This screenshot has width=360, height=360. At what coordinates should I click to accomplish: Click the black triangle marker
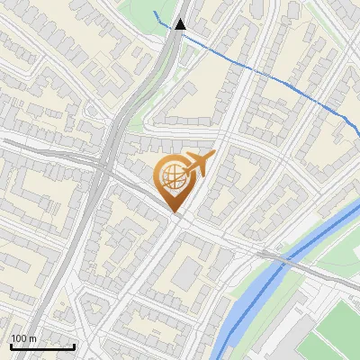(x=181, y=24)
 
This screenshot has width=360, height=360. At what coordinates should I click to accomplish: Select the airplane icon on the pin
(x=197, y=165)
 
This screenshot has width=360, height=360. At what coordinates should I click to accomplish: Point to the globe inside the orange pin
(x=172, y=176)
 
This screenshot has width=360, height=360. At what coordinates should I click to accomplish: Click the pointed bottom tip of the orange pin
(x=175, y=212)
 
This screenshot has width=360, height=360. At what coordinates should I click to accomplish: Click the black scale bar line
(x=42, y=346)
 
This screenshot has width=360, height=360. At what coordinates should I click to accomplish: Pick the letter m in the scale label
(x=33, y=338)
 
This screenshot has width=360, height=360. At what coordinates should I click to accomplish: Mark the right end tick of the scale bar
(x=74, y=345)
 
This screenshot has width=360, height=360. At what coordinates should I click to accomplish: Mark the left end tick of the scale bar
(x=11, y=345)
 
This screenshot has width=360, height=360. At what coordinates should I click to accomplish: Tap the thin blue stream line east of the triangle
(x=270, y=76)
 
